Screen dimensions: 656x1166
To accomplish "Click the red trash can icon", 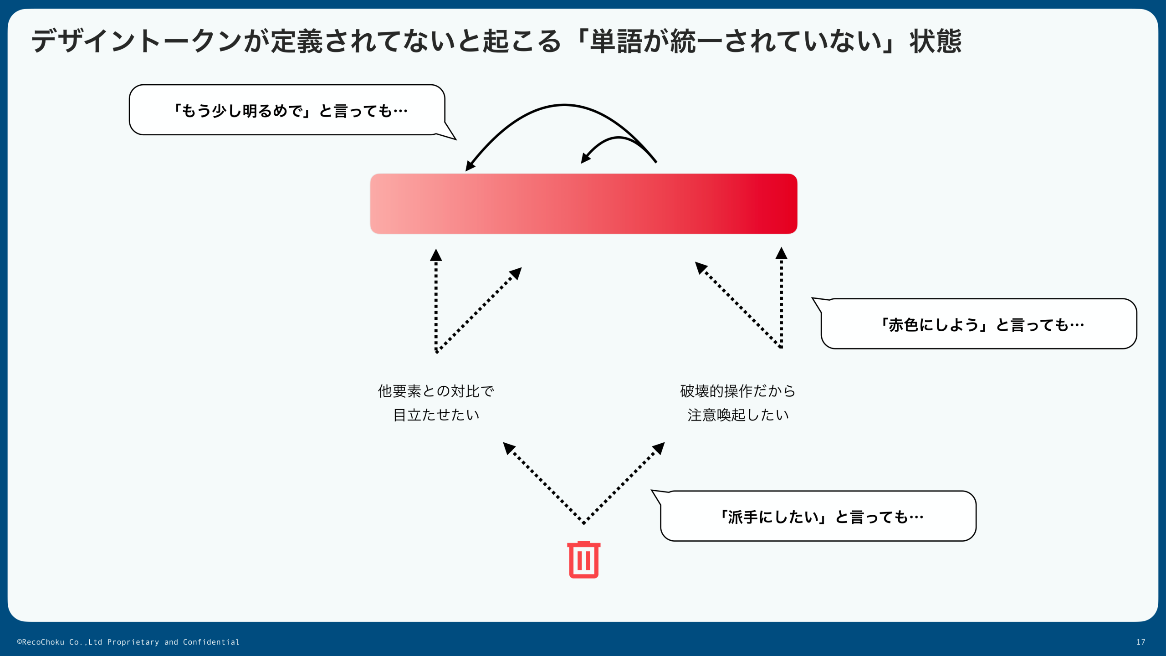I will (583, 560).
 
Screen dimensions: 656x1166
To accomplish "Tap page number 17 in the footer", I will (1140, 642).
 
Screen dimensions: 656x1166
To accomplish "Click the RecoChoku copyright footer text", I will (128, 642).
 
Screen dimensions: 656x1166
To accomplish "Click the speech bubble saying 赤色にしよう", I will (979, 324).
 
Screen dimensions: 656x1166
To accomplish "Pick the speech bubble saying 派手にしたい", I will (818, 516).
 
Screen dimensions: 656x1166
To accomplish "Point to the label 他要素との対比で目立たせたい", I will (436, 403).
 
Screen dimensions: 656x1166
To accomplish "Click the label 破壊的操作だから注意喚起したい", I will (737, 403).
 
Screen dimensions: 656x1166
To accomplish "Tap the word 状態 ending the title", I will (936, 41).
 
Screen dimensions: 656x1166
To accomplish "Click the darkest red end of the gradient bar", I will (786, 204).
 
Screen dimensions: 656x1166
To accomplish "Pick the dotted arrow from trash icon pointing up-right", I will (624, 483).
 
